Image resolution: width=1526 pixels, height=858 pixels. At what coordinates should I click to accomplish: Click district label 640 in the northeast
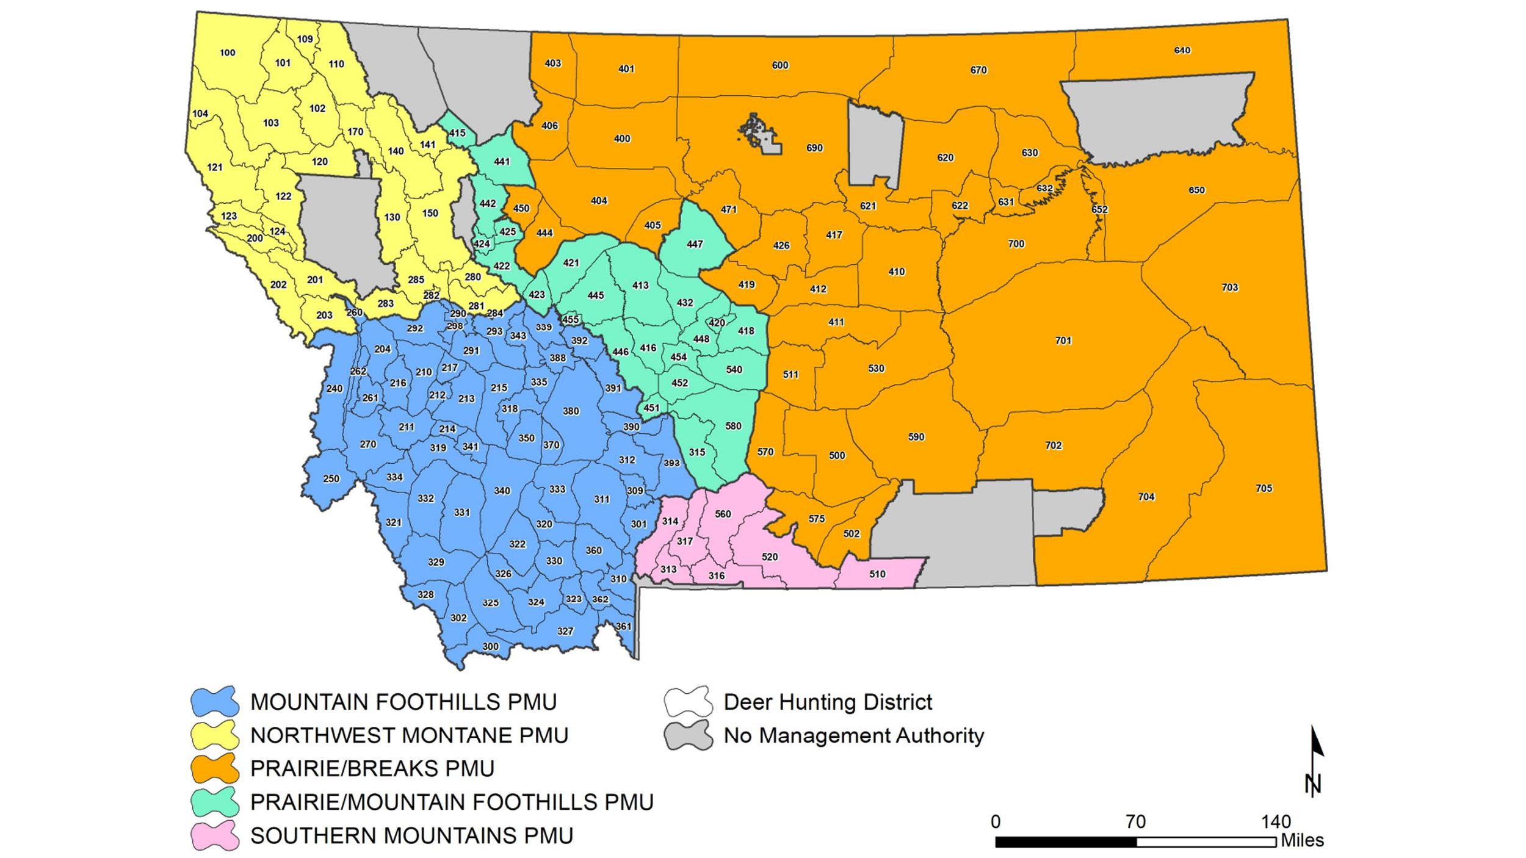pyautogui.click(x=1182, y=51)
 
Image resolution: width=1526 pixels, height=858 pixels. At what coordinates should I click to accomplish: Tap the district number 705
pyautogui.click(x=1264, y=488)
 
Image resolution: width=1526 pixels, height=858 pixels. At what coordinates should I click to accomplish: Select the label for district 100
pyautogui.click(x=227, y=53)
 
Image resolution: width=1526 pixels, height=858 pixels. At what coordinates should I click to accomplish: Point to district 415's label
pyautogui.click(x=457, y=133)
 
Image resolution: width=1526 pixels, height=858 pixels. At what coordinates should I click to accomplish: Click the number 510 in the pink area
pyautogui.click(x=877, y=574)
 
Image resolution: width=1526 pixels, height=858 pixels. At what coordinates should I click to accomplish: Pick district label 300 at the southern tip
pyautogui.click(x=490, y=647)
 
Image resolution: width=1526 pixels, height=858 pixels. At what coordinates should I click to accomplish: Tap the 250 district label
pyautogui.click(x=331, y=479)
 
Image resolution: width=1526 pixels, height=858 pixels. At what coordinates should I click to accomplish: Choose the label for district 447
pyautogui.click(x=695, y=244)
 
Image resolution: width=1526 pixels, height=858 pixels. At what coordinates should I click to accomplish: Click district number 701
pyautogui.click(x=1063, y=341)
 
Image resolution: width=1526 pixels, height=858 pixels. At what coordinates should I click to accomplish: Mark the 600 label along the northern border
pyautogui.click(x=780, y=65)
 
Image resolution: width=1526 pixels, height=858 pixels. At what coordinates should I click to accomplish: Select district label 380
pyautogui.click(x=571, y=411)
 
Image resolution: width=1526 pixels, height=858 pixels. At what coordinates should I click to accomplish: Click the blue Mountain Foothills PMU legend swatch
pyautogui.click(x=215, y=702)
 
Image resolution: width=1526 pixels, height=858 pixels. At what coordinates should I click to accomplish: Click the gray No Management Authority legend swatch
pyautogui.click(x=689, y=735)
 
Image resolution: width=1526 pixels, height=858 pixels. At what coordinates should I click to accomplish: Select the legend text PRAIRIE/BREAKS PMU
pyautogui.click(x=372, y=769)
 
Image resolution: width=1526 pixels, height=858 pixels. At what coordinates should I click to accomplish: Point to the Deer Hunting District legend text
pyautogui.click(x=828, y=702)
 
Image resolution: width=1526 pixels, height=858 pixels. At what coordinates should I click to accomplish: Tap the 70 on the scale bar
pyautogui.click(x=1135, y=823)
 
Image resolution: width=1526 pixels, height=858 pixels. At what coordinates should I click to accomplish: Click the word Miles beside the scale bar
pyautogui.click(x=1302, y=841)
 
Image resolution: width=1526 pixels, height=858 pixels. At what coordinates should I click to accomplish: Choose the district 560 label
pyautogui.click(x=723, y=514)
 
